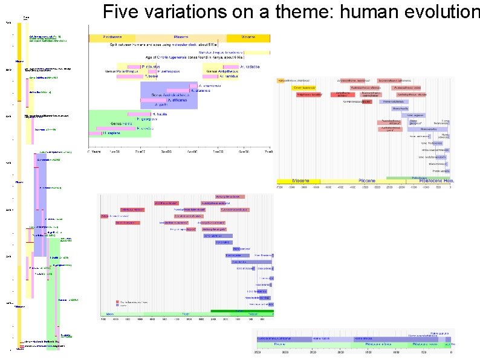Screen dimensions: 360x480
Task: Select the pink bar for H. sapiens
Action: pyautogui.click(x=94, y=133)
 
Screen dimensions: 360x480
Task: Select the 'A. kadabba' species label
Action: pyautogui.click(x=249, y=66)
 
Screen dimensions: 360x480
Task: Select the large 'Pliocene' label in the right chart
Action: pyautogui.click(x=368, y=181)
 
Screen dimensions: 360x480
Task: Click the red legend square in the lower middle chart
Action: pyautogui.click(x=117, y=301)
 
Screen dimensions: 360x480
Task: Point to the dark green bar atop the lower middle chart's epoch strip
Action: pyautogui.click(x=242, y=311)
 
